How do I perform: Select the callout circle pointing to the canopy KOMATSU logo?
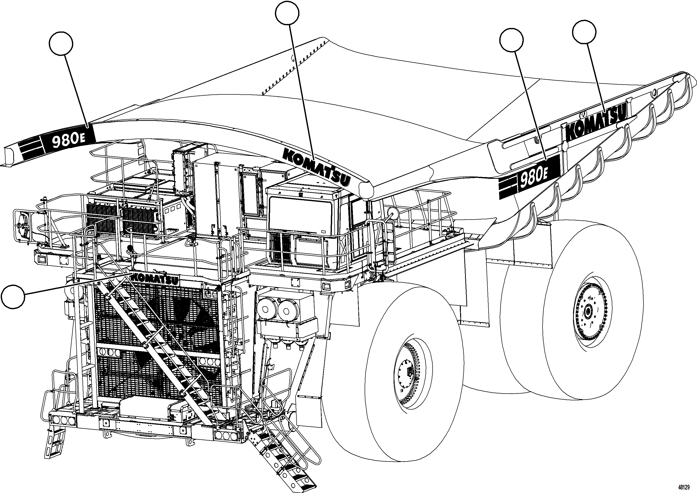pyautogui.click(x=287, y=12)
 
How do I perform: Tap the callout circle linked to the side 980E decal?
pyautogui.click(x=511, y=40)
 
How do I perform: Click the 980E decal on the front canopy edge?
pyautogui.click(x=68, y=141)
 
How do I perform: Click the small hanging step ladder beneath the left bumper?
pyautogui.click(x=55, y=443)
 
